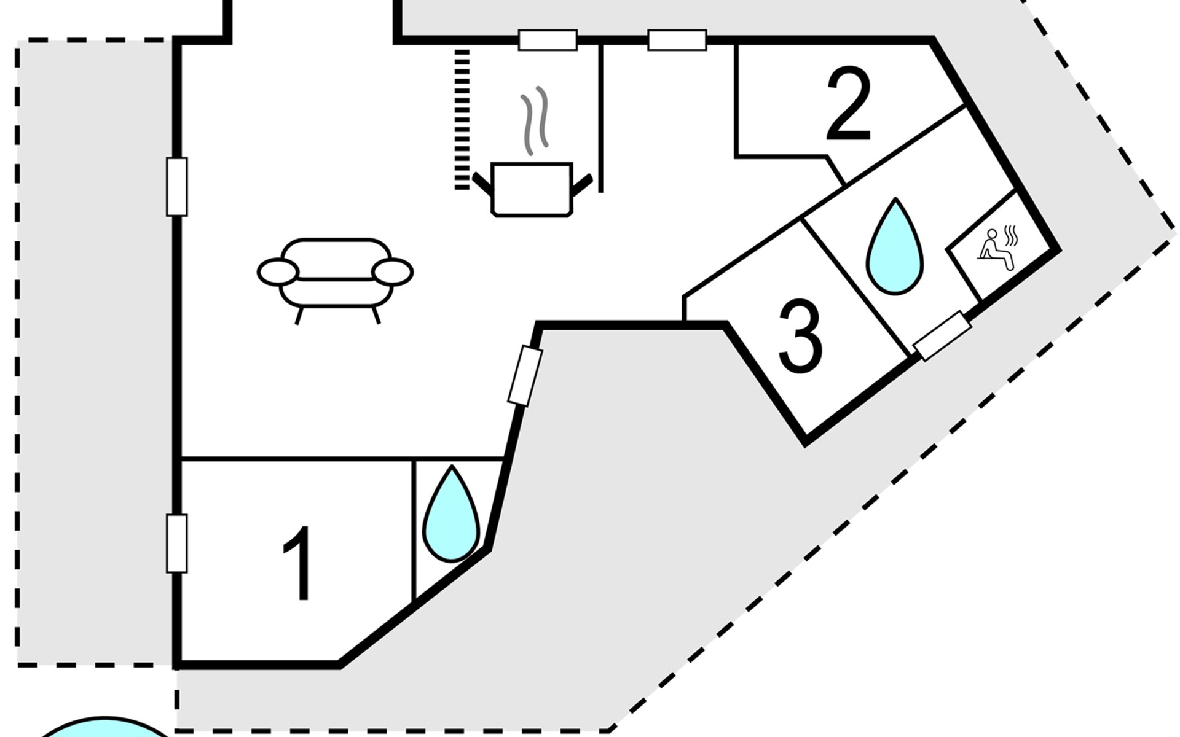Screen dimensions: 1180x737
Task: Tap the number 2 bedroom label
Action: click(849, 104)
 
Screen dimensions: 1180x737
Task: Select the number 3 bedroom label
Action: click(800, 337)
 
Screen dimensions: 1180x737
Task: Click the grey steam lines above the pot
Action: click(534, 120)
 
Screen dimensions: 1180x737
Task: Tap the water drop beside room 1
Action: click(452, 515)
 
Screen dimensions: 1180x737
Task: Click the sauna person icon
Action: click(998, 249)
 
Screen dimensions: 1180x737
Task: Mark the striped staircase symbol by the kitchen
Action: click(462, 119)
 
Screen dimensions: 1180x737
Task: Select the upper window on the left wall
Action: click(177, 187)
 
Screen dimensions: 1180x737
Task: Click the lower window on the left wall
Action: click(177, 544)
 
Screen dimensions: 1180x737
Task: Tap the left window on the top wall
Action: click(548, 40)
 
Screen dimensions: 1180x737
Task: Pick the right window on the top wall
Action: click(677, 40)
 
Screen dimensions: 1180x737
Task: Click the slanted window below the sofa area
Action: click(525, 376)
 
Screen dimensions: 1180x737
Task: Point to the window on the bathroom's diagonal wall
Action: click(942, 336)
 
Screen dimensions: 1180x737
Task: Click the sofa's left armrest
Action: click(278, 271)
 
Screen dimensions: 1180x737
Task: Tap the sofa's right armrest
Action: click(392, 271)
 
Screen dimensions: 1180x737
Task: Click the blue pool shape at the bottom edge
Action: click(104, 728)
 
